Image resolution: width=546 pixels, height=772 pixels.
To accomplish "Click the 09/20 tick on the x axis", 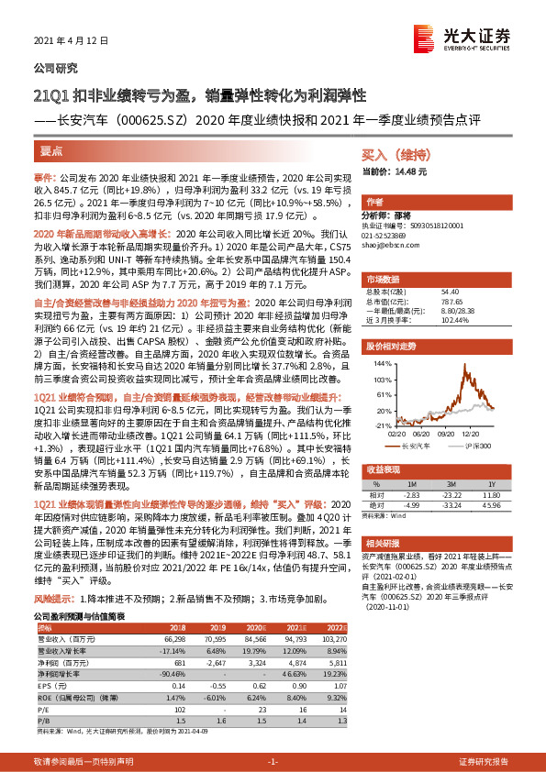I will tap(448, 414).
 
